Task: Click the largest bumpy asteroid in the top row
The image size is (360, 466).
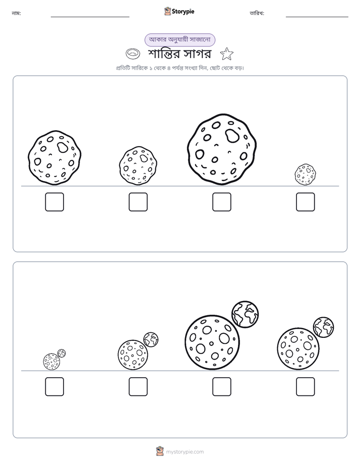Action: (222, 149)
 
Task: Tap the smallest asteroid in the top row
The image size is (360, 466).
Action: (305, 174)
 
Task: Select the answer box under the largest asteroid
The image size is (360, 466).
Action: (221, 202)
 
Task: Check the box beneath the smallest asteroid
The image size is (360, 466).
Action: (306, 202)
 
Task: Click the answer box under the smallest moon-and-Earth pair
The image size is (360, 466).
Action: (54, 387)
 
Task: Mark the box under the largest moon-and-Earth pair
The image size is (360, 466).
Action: (221, 387)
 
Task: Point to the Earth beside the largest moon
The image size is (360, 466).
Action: (245, 314)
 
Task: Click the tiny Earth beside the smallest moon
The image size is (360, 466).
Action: (62, 354)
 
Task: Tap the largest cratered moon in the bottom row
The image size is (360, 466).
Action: (212, 342)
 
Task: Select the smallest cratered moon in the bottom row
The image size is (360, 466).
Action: (51, 362)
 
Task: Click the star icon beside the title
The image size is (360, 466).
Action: (226, 54)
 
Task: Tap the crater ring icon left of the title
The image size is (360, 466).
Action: (133, 53)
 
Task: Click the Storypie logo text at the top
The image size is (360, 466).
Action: (183, 12)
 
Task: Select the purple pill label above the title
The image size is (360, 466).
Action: (179, 40)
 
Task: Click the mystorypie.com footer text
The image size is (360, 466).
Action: (185, 452)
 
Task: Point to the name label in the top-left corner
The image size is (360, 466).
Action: (16, 14)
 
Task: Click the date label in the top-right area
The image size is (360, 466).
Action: (257, 14)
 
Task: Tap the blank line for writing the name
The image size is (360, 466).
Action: (90, 17)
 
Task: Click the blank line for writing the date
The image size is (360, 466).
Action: (317, 17)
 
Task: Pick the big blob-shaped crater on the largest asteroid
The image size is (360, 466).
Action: (232, 136)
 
